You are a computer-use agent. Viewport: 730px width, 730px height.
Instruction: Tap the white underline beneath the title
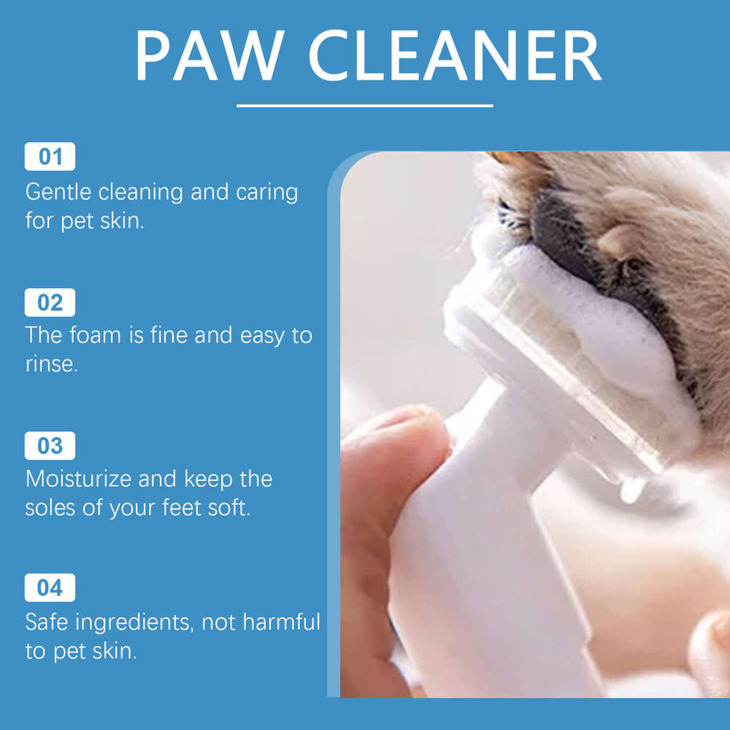(x=365, y=106)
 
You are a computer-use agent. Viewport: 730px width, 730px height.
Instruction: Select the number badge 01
(x=50, y=157)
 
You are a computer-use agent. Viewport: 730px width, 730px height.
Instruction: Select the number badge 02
(x=50, y=302)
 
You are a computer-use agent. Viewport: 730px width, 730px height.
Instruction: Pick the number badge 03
(x=50, y=445)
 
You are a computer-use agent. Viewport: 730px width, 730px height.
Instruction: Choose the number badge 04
(x=50, y=588)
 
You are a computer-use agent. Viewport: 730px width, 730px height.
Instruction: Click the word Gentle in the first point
(x=58, y=193)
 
